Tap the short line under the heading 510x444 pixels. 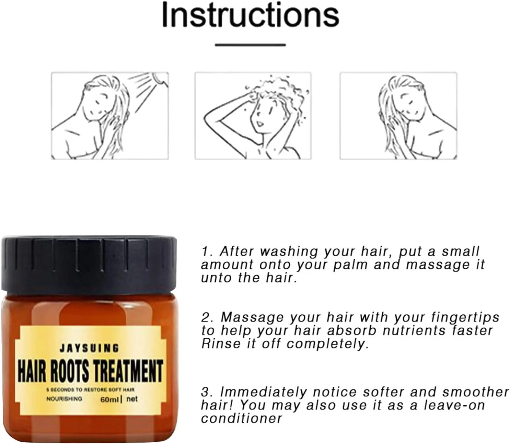point(250,45)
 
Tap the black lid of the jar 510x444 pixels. point(89,264)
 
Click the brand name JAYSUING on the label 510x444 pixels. point(89,348)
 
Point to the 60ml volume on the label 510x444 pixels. point(109,400)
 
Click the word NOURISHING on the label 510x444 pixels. point(64,399)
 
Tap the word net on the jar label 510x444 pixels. point(132,399)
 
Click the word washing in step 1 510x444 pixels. point(289,252)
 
